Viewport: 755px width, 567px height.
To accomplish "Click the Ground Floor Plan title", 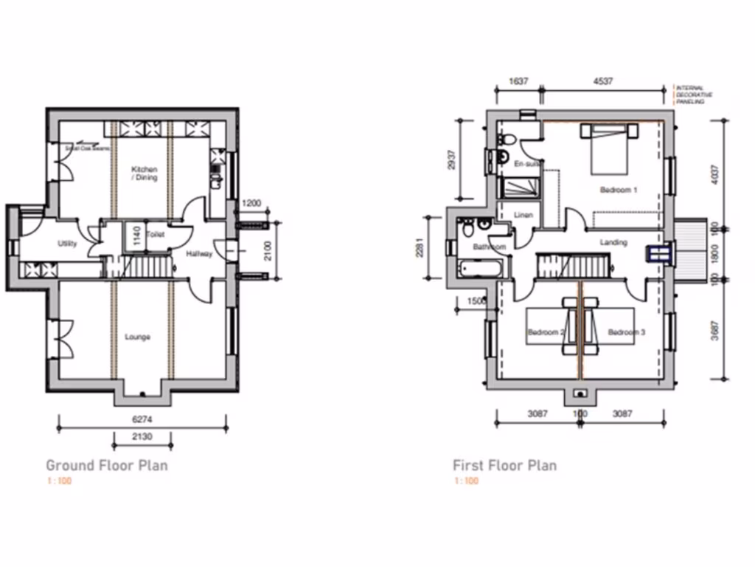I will point(107,465).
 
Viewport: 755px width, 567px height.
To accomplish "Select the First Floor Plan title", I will point(504,465).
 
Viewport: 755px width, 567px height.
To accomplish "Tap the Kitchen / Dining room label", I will point(144,173).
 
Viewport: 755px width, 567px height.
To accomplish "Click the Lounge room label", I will point(138,337).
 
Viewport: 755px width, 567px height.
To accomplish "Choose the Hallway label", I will point(199,255).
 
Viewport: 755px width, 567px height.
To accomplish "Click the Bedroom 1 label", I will point(618,190).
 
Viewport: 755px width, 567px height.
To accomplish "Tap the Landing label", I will point(613,242).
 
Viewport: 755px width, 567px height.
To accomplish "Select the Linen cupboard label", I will point(523,216).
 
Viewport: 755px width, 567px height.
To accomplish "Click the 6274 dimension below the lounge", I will point(142,418).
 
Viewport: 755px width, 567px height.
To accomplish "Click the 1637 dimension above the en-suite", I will point(520,81).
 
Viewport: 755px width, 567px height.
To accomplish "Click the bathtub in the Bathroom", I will point(479,267).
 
